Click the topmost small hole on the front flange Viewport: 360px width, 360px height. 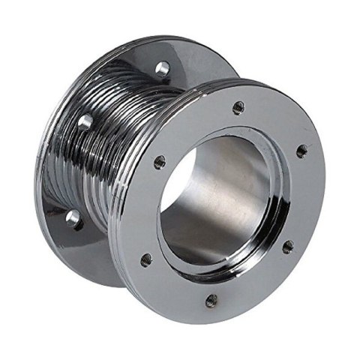tap(238, 107)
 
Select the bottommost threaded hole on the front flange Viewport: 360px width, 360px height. tap(212, 300)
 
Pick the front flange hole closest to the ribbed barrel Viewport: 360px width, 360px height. tap(159, 160)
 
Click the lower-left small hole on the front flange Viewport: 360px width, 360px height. tap(146, 259)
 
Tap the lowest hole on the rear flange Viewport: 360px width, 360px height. tap(73, 218)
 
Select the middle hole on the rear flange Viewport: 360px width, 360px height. tap(86, 121)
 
